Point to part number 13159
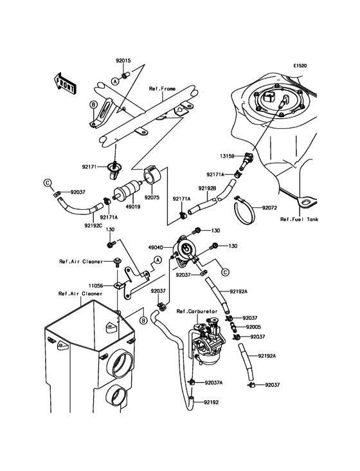(x=226, y=156)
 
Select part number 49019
(x=133, y=207)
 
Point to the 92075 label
(x=152, y=198)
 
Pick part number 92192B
(x=206, y=188)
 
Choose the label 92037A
(x=214, y=382)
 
